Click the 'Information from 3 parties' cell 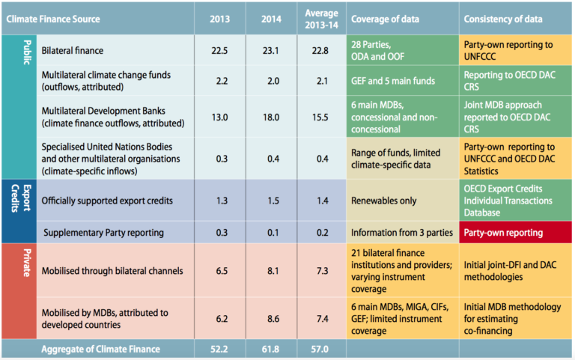[x=401, y=233]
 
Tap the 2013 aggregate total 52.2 [x=220, y=349]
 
